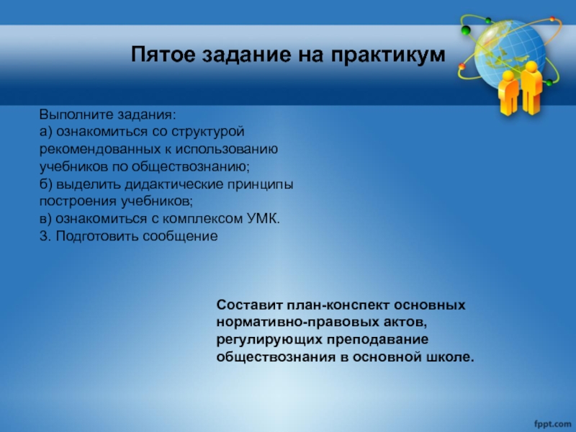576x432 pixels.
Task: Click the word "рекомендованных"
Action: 100,150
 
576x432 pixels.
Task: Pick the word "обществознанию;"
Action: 190,167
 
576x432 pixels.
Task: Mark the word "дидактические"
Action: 174,184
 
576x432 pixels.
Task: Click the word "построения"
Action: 78,202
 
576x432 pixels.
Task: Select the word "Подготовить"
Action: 97,236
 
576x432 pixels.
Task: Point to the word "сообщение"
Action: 180,237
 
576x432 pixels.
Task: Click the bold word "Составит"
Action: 250,305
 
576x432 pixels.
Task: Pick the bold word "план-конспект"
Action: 338,305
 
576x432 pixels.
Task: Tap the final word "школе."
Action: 450,356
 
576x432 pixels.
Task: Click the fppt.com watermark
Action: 552,423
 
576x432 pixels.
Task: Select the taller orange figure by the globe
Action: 531,87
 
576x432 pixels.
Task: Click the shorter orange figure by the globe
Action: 508,93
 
